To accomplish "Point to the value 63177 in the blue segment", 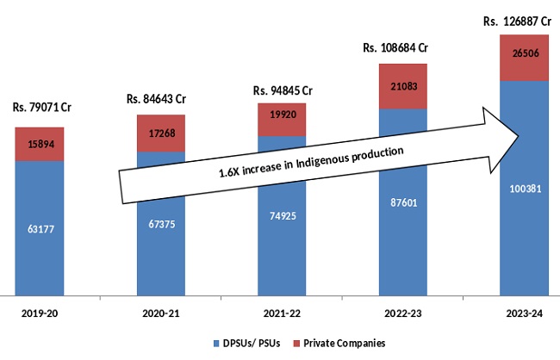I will [40, 229].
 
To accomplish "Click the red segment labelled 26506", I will [513, 57].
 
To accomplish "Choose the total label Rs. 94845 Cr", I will [282, 90].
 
